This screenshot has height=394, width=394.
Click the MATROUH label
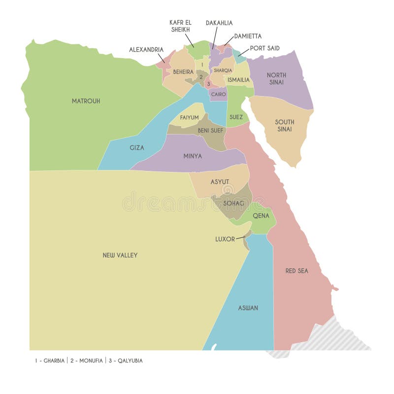tap(86, 101)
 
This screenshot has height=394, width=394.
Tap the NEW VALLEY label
tap(120, 255)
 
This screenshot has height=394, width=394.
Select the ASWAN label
tap(248, 308)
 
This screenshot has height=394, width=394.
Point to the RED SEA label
tap(297, 271)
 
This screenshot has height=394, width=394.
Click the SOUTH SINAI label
tap(285, 126)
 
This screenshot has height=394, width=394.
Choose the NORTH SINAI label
tap(276, 79)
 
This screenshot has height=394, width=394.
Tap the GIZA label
tap(137, 147)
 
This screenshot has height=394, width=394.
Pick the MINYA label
tap(193, 156)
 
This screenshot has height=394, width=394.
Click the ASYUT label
tap(220, 182)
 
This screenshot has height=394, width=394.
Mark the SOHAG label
tap(233, 203)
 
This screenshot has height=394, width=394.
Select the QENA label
tap(261, 216)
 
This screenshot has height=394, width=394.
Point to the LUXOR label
tap(225, 239)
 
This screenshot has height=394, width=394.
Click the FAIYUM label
tap(189, 118)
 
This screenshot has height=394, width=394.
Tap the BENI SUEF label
tap(211, 131)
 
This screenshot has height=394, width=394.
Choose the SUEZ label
tap(236, 117)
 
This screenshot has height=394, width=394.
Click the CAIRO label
tap(219, 94)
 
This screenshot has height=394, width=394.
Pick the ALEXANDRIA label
tap(146, 50)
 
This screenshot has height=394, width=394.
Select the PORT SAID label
tap(264, 48)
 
